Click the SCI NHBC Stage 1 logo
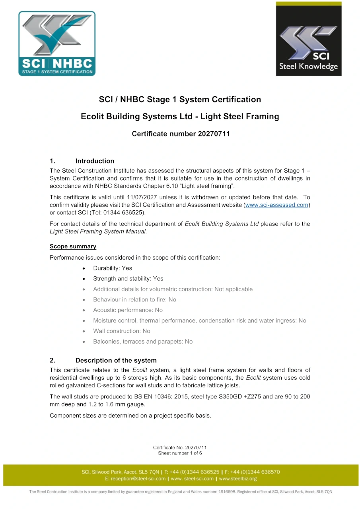57,44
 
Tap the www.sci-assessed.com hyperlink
277,205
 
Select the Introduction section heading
95,161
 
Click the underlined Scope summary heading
73,247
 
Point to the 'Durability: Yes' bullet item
113,268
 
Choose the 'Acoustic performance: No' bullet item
128,310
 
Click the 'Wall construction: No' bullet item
122,331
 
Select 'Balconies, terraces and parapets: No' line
143,342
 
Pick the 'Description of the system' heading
116,361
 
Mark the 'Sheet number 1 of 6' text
180,453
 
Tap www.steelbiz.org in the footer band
238,479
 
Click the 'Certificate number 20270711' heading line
181,134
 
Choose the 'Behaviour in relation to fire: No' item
134,300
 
